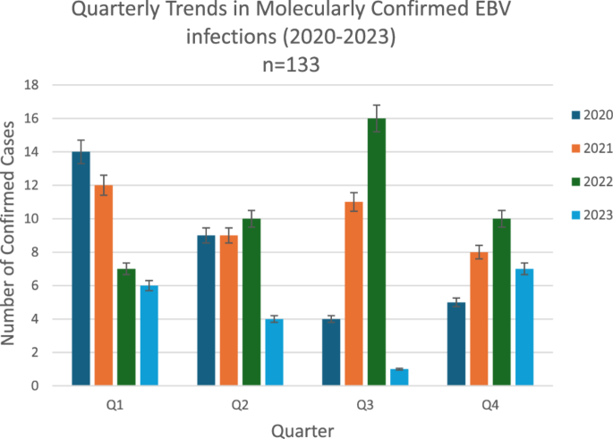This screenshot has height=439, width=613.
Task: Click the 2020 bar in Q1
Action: click(x=81, y=269)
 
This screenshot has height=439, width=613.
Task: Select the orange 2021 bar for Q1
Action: click(x=104, y=286)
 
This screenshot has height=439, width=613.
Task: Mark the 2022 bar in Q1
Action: click(x=126, y=327)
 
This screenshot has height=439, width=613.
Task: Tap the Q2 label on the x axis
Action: click(x=240, y=405)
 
